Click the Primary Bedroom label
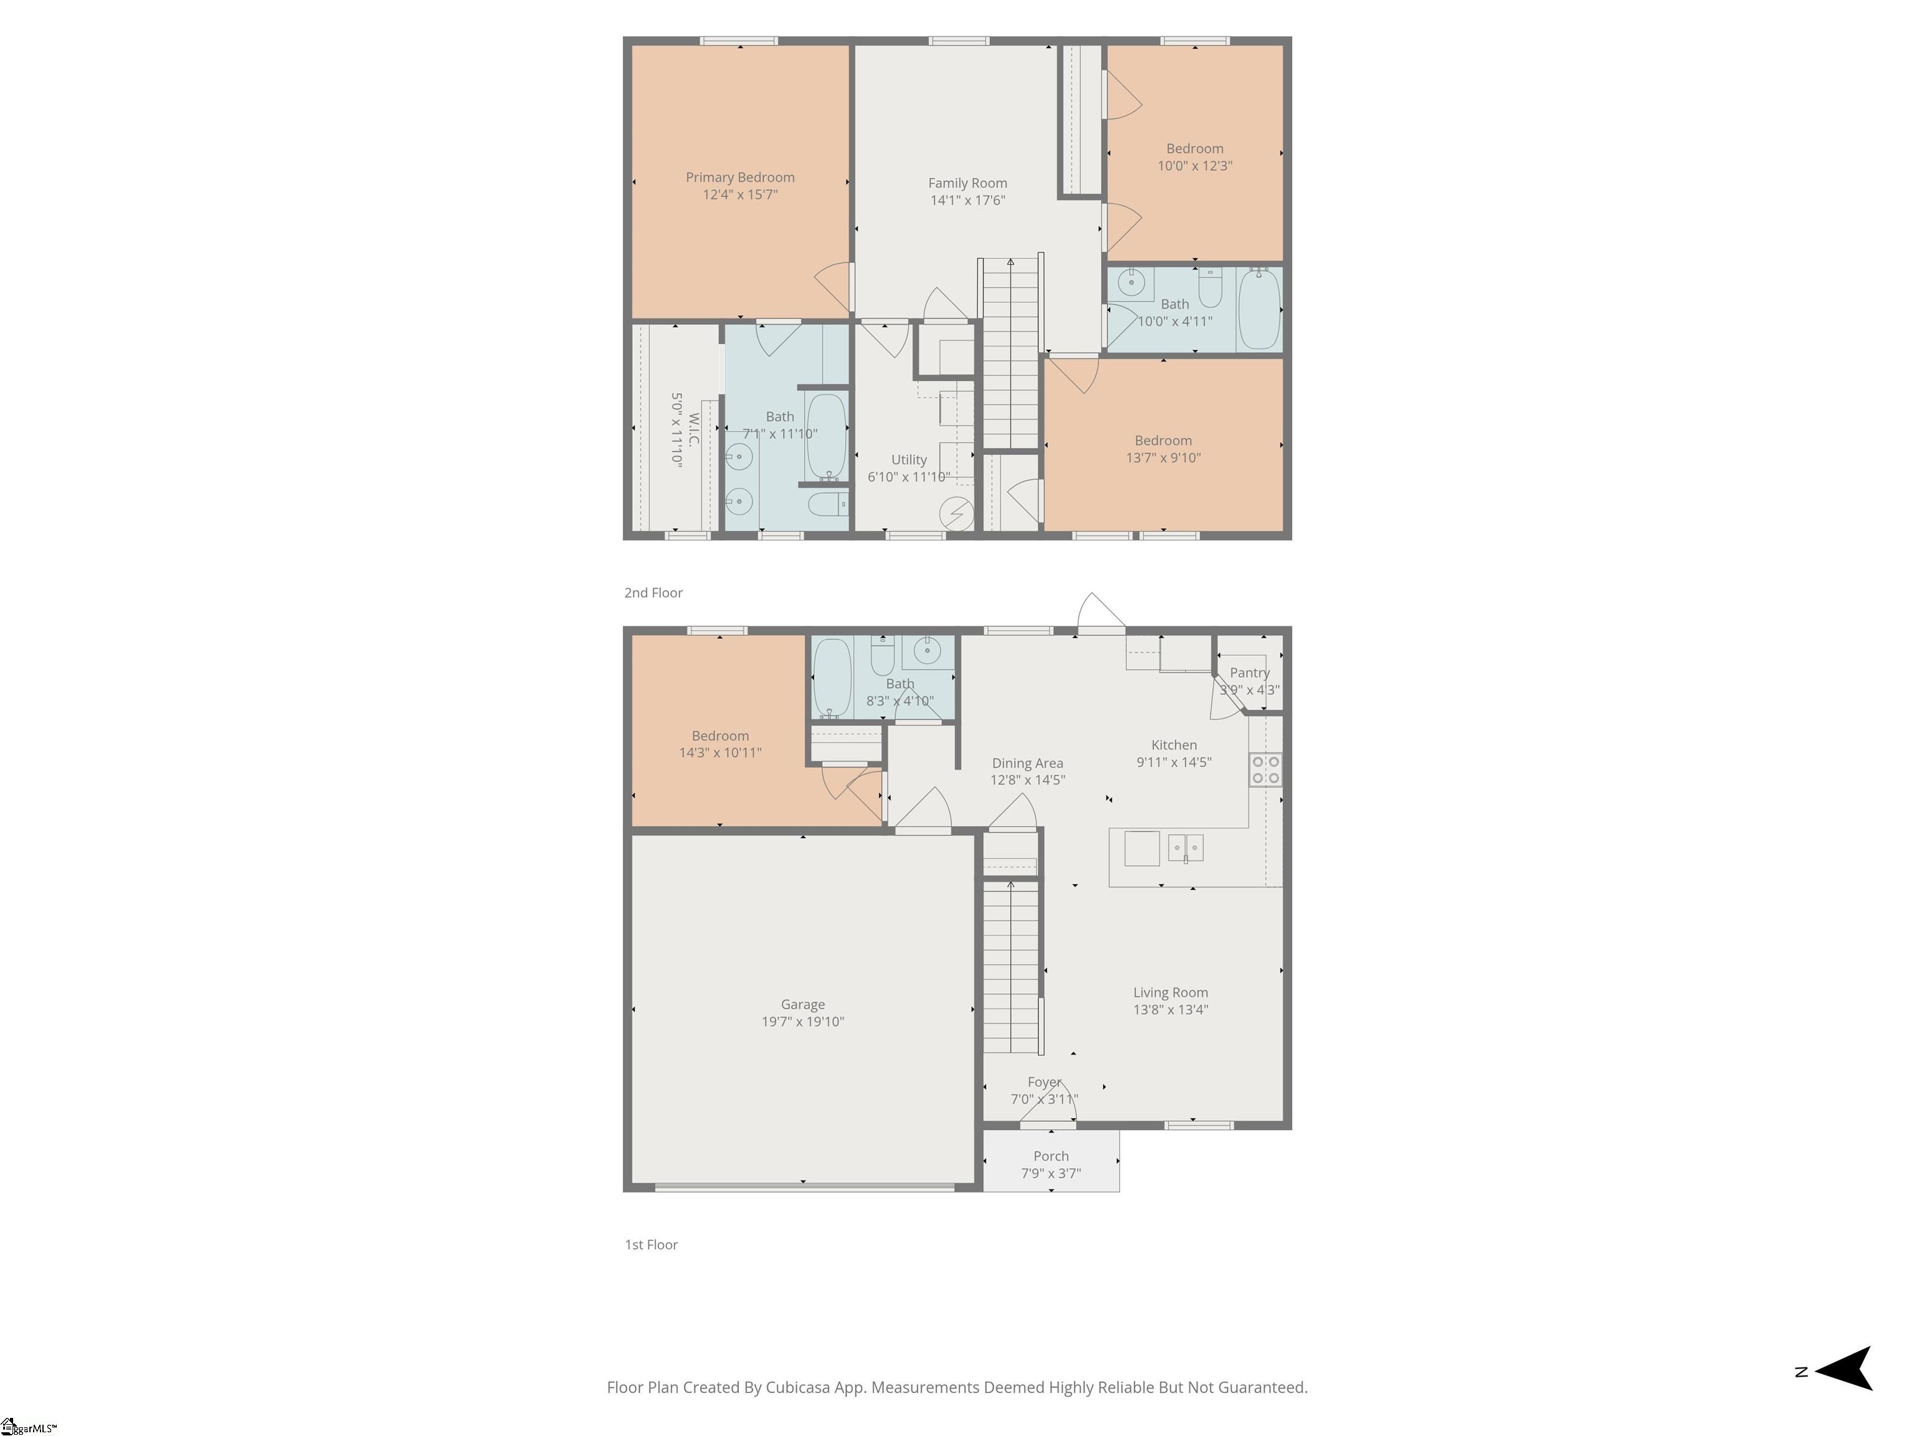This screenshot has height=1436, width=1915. tap(740, 178)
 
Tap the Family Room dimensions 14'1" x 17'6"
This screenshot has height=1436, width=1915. tap(968, 201)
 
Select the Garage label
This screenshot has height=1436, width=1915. tap(802, 1005)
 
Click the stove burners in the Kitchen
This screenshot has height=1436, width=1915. tap(1265, 770)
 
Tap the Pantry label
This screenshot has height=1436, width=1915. tap(1250, 673)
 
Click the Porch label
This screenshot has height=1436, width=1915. tap(1051, 1156)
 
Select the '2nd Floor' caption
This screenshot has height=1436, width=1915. tap(654, 593)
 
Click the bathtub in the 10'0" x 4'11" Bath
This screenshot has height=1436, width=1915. tap(1259, 309)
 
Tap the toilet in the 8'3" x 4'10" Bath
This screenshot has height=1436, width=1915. tap(882, 656)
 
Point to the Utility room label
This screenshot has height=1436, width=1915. tap(909, 459)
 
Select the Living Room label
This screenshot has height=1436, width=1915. tap(1171, 993)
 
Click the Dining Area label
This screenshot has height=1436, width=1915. tap(1027, 763)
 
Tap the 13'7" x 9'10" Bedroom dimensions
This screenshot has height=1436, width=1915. tap(1164, 458)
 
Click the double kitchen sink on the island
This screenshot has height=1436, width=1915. tap(1185, 848)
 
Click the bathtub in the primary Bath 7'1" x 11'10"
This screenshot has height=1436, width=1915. tap(826, 437)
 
